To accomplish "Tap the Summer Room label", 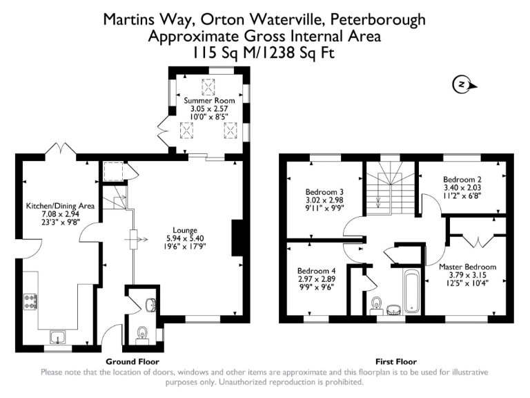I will coord(209,101).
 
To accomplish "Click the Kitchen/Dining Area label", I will coord(54,206).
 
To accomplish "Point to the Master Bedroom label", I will coord(467,267).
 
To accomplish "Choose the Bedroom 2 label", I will coord(462,178).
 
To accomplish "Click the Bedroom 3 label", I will coord(324,192).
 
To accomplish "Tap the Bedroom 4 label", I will coord(316,270).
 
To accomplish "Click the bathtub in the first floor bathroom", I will coord(411,292).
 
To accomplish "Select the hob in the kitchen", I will coord(31,301).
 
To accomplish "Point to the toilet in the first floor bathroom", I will coord(377,304).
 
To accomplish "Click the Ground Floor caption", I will coord(132,361).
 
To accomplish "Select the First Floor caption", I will coord(395,361).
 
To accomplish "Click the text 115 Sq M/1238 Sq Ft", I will coord(265,51).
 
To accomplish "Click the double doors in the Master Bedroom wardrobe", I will coord(477,240).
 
